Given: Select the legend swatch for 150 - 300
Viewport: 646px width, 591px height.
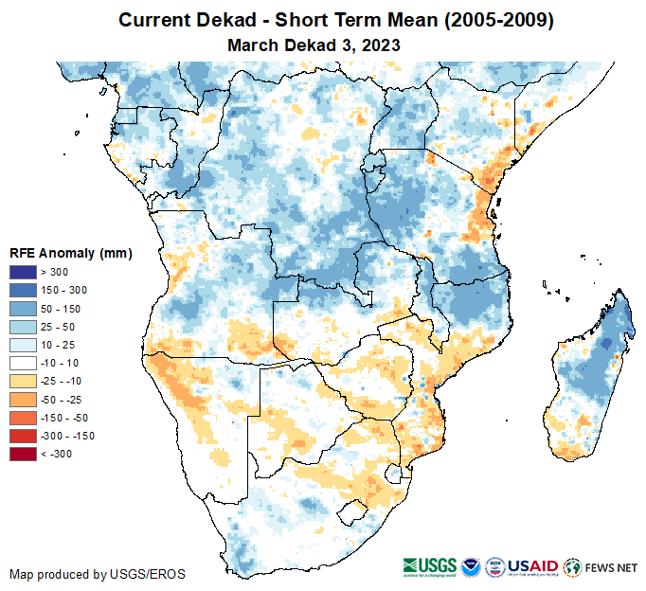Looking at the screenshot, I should (x=24, y=290).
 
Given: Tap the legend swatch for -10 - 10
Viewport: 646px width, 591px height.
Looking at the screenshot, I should (x=24, y=363).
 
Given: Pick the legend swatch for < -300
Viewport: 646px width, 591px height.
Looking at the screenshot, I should (x=24, y=454).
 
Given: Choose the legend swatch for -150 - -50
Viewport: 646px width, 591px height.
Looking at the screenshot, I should (x=24, y=418).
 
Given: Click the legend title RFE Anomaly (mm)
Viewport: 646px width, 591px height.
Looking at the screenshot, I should (x=70, y=254).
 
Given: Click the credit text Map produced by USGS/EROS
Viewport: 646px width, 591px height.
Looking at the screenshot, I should (x=98, y=574).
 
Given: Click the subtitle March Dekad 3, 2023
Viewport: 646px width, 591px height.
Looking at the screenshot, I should (x=314, y=45).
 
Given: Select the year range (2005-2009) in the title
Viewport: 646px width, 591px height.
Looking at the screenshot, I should (x=486, y=20).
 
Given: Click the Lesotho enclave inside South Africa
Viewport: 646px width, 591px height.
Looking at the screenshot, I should (x=353, y=513).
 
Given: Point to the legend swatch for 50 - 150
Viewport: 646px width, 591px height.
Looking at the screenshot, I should (x=24, y=308).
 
